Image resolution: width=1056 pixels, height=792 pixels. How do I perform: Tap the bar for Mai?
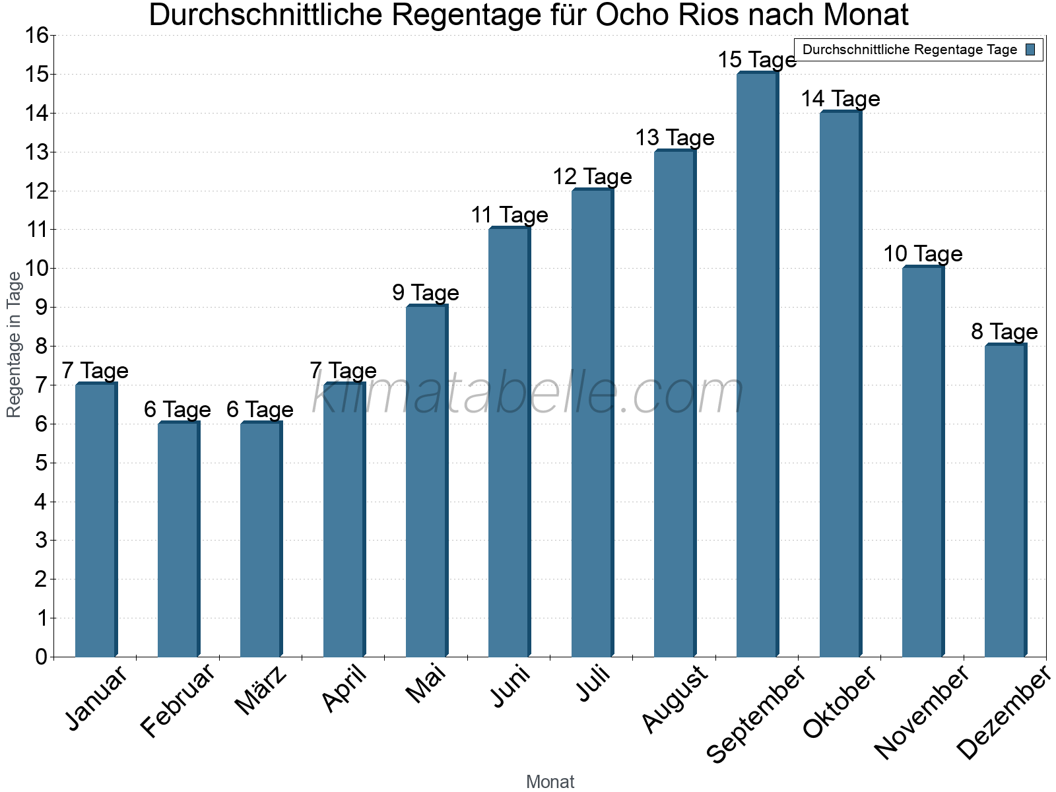[x=426, y=481]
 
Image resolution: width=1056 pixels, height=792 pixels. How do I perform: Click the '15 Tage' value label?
[x=757, y=60]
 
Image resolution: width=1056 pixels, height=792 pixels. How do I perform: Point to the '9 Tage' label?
[x=426, y=292]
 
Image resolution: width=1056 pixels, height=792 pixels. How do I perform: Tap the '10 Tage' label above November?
[x=923, y=253]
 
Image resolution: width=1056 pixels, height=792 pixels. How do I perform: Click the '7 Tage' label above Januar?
[x=95, y=370]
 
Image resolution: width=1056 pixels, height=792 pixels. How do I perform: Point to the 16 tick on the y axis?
[x=37, y=36]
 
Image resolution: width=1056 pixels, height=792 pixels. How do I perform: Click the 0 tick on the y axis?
[x=42, y=657]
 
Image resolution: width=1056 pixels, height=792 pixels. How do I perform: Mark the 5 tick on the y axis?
[x=42, y=463]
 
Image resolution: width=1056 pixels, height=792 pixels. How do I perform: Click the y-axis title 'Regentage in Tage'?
[x=14, y=345]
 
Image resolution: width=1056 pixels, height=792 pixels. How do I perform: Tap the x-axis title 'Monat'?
[x=550, y=781]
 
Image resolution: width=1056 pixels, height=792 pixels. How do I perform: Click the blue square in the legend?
[x=1030, y=49]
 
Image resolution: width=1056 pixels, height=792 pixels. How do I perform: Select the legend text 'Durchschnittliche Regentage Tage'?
[x=909, y=49]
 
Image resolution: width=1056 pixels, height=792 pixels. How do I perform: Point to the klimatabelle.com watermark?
[x=528, y=393]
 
